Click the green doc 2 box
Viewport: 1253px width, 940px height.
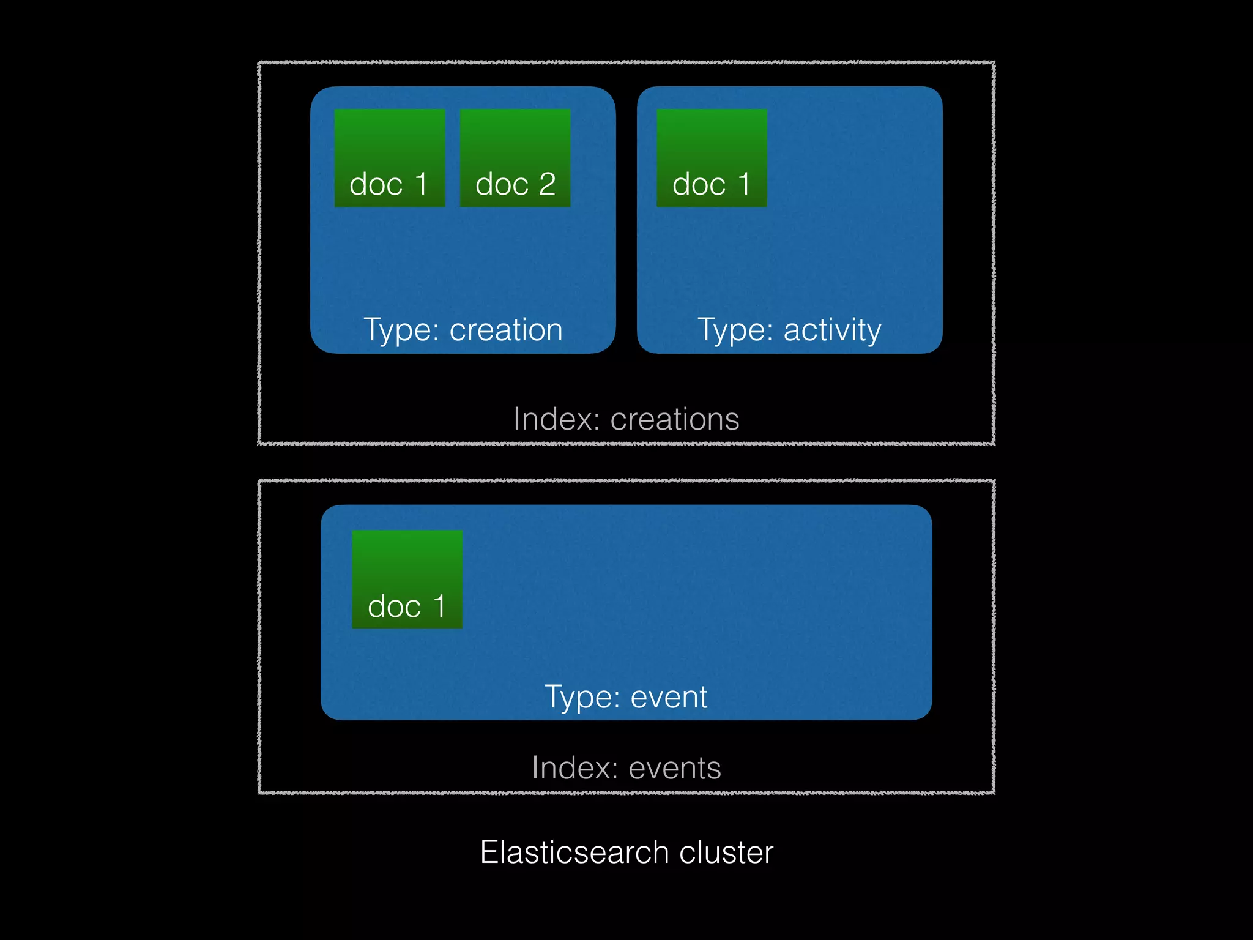coord(515,158)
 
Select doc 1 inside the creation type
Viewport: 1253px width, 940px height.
coord(389,158)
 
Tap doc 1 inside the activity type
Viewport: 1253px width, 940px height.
coord(712,158)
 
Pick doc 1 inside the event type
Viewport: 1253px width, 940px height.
coord(407,579)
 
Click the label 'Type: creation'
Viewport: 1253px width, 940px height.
coord(463,330)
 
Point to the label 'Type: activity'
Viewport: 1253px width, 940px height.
coord(789,330)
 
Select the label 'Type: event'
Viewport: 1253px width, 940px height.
coord(626,696)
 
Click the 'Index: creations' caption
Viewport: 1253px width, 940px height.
coord(626,419)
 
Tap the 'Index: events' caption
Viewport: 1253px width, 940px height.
coord(626,768)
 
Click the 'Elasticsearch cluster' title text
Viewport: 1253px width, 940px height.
coord(626,852)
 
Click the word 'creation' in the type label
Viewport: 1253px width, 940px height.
coord(506,330)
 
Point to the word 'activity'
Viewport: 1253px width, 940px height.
coord(833,330)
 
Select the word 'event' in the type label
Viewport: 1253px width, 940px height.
coord(669,696)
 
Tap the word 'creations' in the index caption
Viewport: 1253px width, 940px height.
coord(675,419)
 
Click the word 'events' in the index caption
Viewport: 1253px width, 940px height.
coord(675,768)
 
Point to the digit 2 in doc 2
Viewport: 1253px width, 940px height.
coord(547,184)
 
